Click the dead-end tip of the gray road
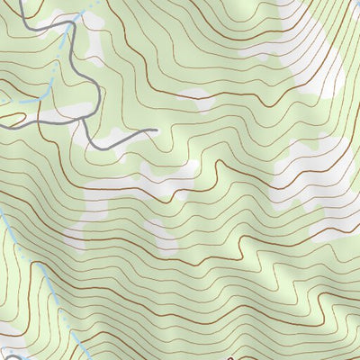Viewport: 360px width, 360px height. point(157,130)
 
